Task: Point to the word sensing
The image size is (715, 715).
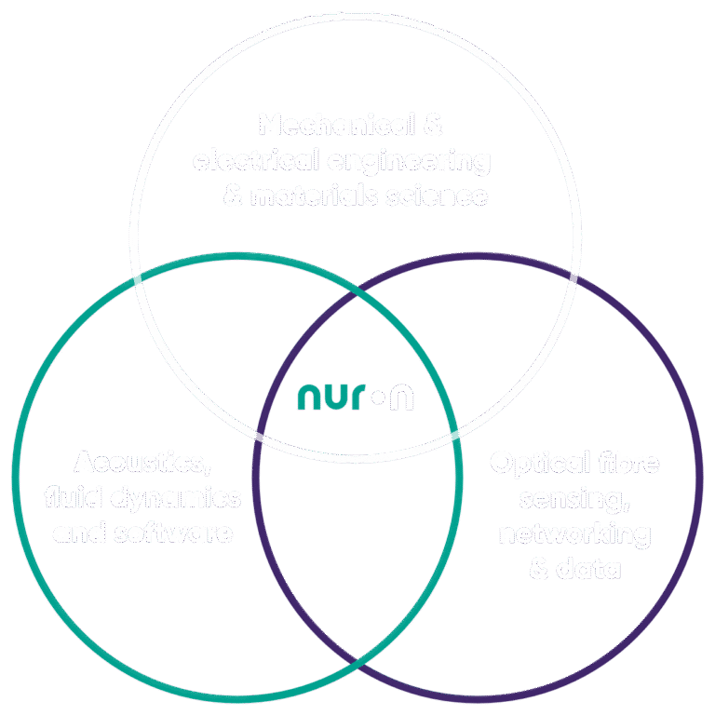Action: click(572, 499)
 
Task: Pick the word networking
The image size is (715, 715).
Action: click(574, 534)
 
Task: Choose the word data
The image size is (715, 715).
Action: click(587, 569)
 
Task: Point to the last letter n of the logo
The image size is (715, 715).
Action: click(401, 398)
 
